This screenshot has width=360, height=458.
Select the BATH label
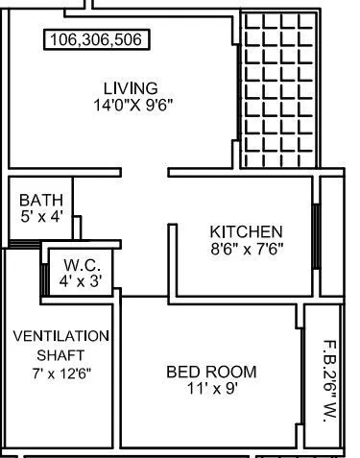(41, 201)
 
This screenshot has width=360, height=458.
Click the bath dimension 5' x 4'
(41, 217)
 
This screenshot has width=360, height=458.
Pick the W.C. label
(83, 264)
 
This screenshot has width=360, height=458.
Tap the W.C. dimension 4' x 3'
(83, 280)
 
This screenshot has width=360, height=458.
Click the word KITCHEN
(246, 231)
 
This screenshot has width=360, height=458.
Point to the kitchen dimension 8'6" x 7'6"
(246, 249)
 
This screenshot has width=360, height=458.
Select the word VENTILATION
(60, 336)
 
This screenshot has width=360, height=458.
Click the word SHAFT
(60, 354)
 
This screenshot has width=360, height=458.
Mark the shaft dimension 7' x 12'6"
(60, 373)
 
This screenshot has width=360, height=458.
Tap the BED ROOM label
(211, 372)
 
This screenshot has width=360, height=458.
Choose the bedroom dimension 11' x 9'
(211, 389)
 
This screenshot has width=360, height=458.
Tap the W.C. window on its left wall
(45, 273)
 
